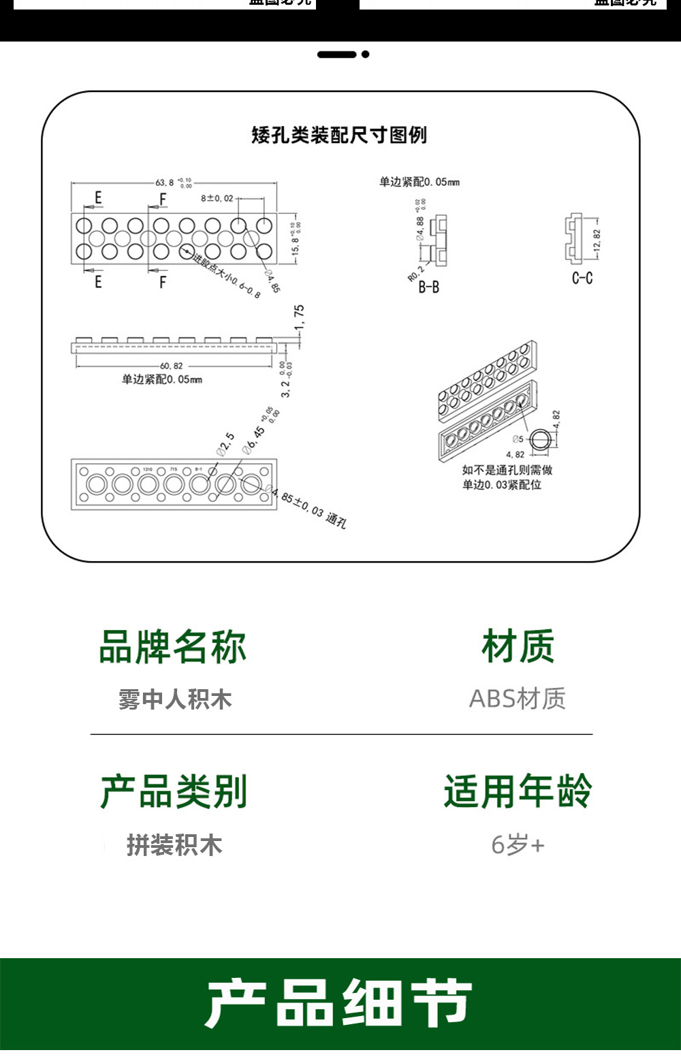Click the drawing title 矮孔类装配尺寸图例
339,135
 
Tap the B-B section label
428,287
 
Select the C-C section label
582,278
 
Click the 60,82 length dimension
172,366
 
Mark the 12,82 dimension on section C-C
597,240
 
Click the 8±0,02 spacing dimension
217,198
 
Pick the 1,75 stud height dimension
299,317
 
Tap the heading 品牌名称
172,647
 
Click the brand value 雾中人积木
175,699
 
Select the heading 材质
518,646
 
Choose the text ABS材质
518,699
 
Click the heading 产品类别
174,791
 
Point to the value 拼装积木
174,845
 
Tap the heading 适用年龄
518,791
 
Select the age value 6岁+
518,845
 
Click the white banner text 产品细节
339,1004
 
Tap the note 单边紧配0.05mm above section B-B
419,182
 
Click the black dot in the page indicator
366,54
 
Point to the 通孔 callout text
336,521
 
